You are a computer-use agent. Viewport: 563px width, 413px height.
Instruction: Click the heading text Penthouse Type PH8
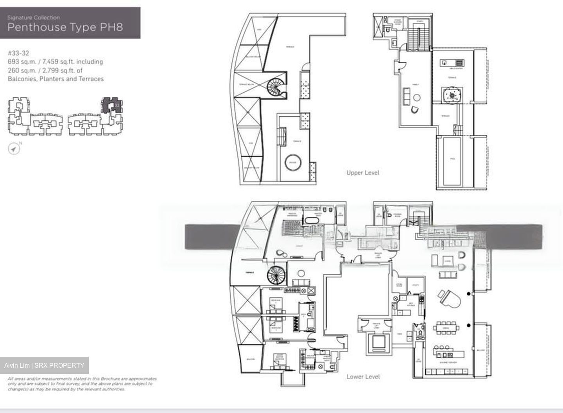coord(65,27)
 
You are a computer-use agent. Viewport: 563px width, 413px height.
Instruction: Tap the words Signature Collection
coord(34,18)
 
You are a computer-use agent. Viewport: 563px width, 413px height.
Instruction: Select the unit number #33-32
coord(18,53)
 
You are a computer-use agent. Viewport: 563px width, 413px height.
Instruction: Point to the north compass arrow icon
coord(14,149)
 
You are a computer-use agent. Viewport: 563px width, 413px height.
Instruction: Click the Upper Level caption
coord(362,172)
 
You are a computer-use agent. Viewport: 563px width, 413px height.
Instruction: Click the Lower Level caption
coord(363,377)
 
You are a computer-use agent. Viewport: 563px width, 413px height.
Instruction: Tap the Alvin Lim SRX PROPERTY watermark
coord(44,365)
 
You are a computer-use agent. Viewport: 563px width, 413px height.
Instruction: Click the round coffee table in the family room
coord(417,98)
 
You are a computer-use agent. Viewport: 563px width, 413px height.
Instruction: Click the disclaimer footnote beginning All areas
coord(82,384)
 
